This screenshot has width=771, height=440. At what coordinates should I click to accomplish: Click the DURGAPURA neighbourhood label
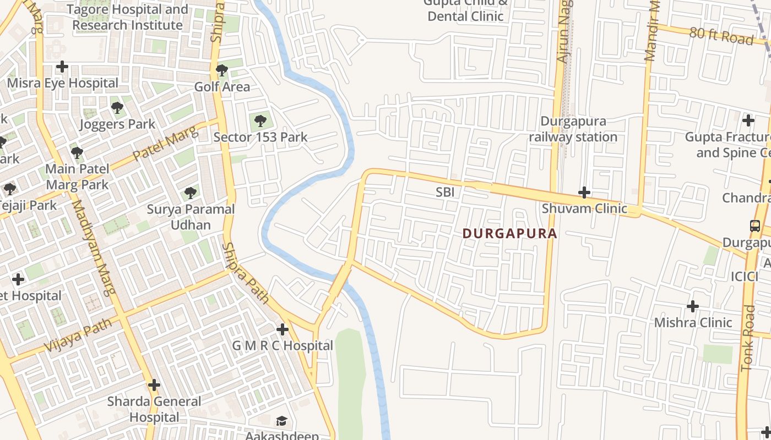tap(509, 234)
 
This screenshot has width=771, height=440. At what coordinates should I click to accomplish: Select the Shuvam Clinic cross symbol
tap(584, 193)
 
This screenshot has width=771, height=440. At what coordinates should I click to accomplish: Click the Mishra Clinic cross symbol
tap(693, 306)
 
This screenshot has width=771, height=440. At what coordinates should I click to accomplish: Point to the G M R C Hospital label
tap(283, 346)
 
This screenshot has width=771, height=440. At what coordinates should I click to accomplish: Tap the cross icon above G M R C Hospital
tap(283, 329)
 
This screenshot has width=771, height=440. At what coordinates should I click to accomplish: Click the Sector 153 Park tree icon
tap(260, 120)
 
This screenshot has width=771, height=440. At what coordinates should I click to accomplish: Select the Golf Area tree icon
tap(222, 70)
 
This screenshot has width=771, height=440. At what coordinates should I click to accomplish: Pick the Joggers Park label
tap(117, 124)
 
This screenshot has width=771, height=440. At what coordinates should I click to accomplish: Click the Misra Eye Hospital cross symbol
tap(62, 67)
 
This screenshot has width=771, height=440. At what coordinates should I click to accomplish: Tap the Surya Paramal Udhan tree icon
tap(191, 193)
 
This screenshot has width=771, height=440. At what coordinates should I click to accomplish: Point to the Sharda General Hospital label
tap(154, 409)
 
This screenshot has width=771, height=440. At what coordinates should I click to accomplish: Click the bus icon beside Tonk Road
tap(754, 226)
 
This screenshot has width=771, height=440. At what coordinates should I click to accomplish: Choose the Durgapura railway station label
tap(573, 129)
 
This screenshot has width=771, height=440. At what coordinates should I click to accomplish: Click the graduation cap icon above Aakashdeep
tap(281, 421)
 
